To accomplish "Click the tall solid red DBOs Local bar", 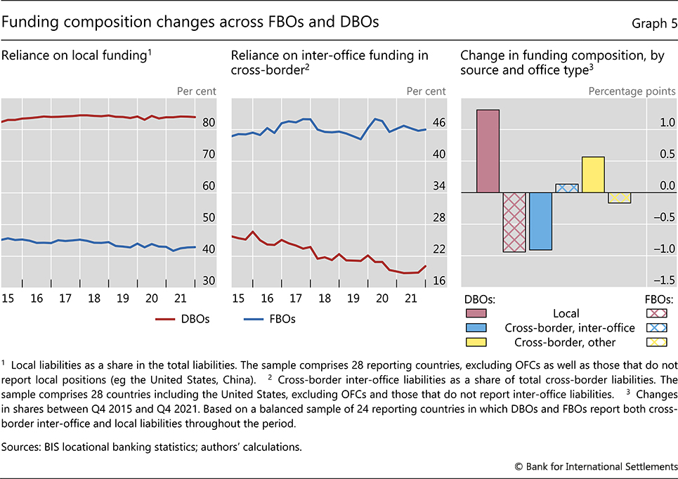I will pyautogui.click(x=488, y=151).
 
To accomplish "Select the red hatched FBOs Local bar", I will pyautogui.click(x=514, y=222).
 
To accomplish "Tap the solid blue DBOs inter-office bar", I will pyautogui.click(x=540, y=221).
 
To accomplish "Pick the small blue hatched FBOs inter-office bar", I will pyautogui.click(x=566, y=188).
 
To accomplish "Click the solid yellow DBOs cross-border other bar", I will pyautogui.click(x=593, y=174).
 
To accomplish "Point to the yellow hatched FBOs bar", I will pyautogui.click(x=619, y=197).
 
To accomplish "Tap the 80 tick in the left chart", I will pyautogui.click(x=209, y=123).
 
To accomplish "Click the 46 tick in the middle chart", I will pyautogui.click(x=438, y=123).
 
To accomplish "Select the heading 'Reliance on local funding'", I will pyautogui.click(x=76, y=55).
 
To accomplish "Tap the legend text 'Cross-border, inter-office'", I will pyautogui.click(x=569, y=328).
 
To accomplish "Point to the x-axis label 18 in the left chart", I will pyautogui.click(x=94, y=298).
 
